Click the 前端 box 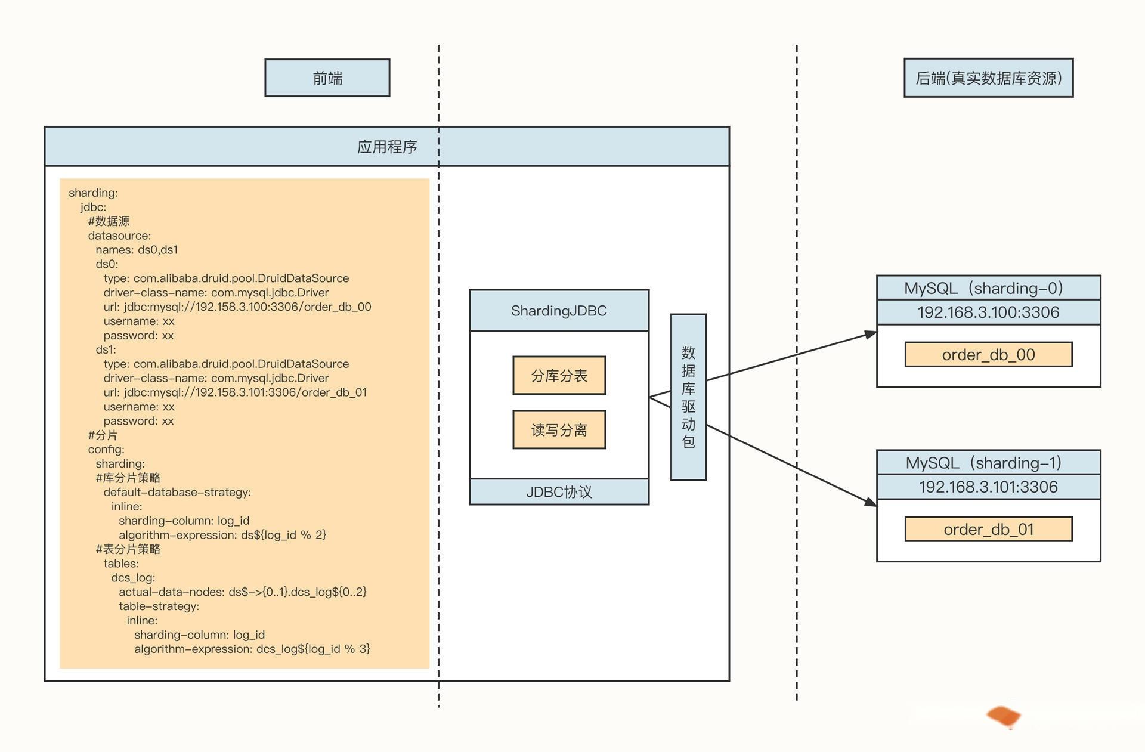(327, 78)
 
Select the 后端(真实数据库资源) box (988, 78)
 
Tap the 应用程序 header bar (387, 146)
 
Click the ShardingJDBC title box (559, 310)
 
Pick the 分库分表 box (559, 376)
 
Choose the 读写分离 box (559, 429)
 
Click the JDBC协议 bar (559, 491)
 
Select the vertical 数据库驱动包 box (688, 397)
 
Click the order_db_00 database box (988, 355)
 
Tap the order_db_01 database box (988, 529)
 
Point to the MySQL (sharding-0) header (988, 288)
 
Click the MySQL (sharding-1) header (988, 463)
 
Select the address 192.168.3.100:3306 (988, 312)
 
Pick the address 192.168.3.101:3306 (988, 487)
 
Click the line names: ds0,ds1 (137, 250)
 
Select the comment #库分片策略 (128, 478)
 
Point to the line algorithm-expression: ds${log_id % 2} (222, 535)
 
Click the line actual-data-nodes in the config (243, 592)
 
